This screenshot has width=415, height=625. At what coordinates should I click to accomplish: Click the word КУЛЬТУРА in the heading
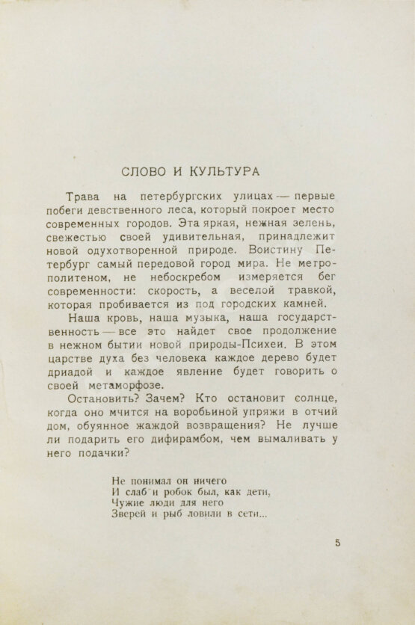(224, 170)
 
